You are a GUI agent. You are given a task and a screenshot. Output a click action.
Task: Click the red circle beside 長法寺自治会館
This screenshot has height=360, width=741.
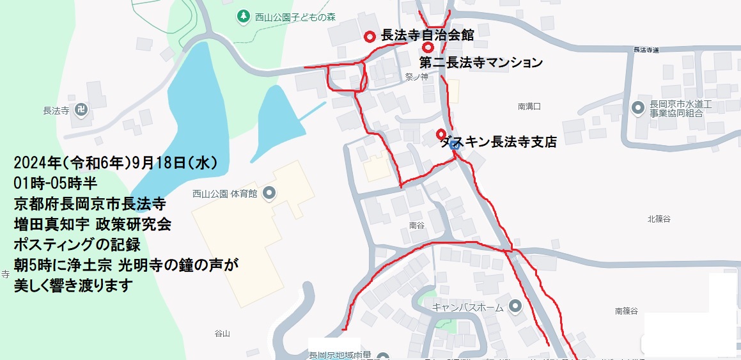tap(370, 36)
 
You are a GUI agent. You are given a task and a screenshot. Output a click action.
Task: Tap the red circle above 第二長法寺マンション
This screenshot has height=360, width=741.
tap(428, 47)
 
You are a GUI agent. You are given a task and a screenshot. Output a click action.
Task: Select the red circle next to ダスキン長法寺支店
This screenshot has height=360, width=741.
tap(441, 134)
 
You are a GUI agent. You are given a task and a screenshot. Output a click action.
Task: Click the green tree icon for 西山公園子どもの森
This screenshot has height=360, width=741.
tap(244, 16)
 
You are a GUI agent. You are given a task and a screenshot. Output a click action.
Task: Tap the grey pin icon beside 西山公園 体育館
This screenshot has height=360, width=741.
tap(269, 192)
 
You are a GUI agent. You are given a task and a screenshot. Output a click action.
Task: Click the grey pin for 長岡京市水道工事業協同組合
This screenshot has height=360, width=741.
tap(637, 108)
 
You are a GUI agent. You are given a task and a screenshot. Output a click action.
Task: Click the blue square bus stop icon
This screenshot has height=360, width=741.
tap(454, 145)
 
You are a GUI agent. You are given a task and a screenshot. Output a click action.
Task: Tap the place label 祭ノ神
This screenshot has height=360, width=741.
tap(415, 76)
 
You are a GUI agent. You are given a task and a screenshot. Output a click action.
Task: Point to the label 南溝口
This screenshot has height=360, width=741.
tap(529, 107)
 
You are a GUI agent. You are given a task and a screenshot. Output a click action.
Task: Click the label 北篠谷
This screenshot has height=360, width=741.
tap(659, 219)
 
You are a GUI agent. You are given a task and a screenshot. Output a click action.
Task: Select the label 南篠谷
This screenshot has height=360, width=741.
tap(627, 311)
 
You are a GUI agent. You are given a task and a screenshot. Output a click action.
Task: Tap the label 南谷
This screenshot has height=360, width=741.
tap(416, 225)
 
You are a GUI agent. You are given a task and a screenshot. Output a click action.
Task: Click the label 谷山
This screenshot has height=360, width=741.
tap(222, 333)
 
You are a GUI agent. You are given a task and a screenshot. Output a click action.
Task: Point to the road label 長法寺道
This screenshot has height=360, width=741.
tap(646, 49)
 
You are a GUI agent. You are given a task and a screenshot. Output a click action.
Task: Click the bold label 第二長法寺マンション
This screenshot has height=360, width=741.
tap(481, 63)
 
